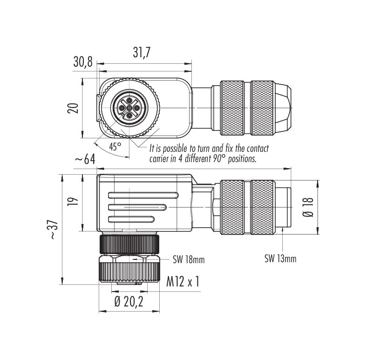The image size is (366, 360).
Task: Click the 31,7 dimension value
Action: pos(142,52)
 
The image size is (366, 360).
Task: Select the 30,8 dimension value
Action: pos(83,61)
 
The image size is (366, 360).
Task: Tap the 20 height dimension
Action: pos(73,108)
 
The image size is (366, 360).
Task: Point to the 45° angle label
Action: pos(115,146)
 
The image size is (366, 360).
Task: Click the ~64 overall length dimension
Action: pos(85,160)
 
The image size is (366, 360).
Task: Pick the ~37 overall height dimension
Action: pos(53,230)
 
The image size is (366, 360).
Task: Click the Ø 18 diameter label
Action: pos(308,207)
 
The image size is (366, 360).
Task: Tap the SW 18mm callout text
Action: pos(189,259)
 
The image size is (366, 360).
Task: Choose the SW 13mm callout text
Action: pos(280,258)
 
